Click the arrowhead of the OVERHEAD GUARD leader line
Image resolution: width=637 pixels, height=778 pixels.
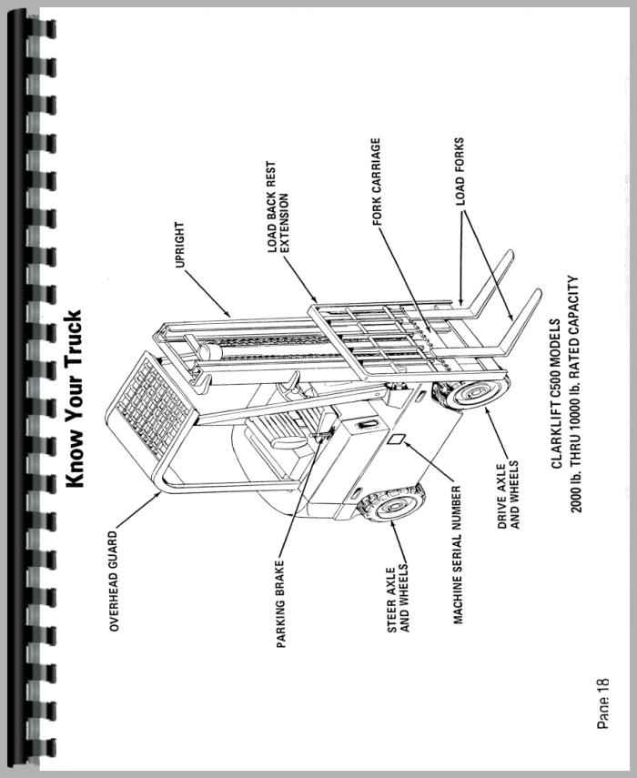tap(164, 495)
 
